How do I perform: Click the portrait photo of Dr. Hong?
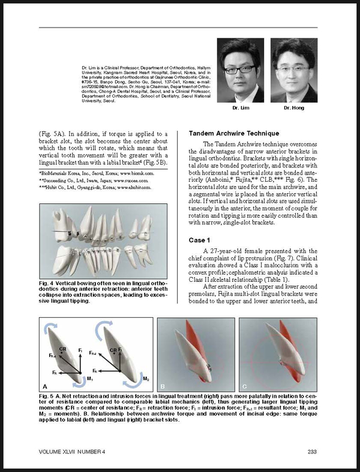click(294, 70)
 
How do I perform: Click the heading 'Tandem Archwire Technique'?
click(233, 133)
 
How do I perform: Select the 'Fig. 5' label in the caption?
click(47, 397)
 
